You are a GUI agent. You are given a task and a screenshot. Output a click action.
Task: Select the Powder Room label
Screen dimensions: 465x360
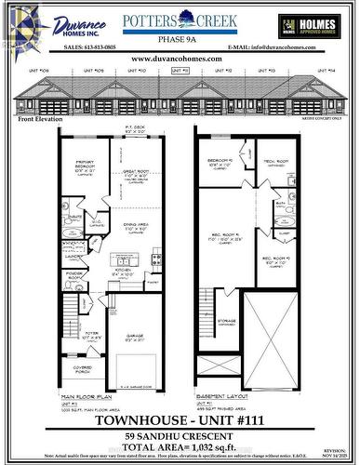[x=75, y=276]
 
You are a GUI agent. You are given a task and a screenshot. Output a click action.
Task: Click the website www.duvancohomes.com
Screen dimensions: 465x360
[x=180, y=58]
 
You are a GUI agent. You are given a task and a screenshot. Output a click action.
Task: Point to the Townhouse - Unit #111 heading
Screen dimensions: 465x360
[x=180, y=418]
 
